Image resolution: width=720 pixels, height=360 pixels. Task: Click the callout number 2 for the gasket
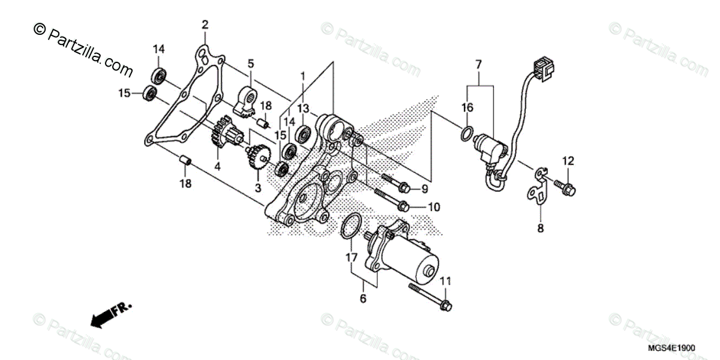pyautogui.click(x=205, y=25)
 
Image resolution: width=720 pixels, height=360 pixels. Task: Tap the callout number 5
pyautogui.click(x=250, y=63)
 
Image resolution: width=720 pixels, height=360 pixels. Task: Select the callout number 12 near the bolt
pyautogui.click(x=568, y=160)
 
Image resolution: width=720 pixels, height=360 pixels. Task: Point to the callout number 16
pyautogui.click(x=467, y=107)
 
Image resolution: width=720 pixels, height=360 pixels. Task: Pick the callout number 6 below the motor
pyautogui.click(x=363, y=298)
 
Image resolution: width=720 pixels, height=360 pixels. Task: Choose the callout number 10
pyautogui.click(x=434, y=207)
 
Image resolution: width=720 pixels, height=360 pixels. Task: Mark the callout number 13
pyautogui.click(x=303, y=107)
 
